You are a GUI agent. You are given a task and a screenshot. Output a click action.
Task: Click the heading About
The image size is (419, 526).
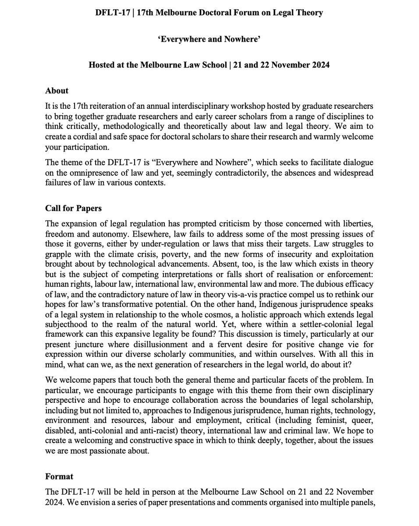coord(57,91)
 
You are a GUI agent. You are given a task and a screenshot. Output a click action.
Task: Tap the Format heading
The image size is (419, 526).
coord(59,476)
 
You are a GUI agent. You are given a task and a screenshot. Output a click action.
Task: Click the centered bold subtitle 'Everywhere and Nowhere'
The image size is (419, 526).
coord(209,39)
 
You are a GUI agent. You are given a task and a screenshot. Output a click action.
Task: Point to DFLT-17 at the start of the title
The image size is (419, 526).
coord(113,13)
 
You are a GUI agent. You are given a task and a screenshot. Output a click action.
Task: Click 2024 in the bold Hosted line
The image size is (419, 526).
coord(320,65)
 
